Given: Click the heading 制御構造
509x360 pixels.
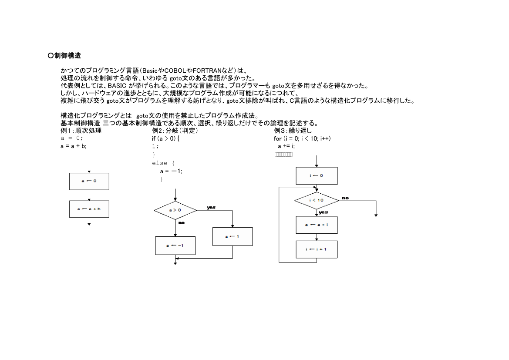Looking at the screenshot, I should tap(67, 56).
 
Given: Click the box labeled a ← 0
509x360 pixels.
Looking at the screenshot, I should tap(89, 181).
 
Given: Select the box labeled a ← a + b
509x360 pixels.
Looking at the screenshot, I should tap(89, 209).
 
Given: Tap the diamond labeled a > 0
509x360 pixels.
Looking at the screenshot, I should tap(175, 210).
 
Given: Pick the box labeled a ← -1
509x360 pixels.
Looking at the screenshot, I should tap(175, 246).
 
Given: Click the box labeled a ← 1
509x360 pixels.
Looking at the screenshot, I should tap(233, 236).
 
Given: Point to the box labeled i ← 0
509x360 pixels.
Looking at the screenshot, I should tap(317, 176).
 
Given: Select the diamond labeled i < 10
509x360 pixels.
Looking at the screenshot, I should tap(317, 201).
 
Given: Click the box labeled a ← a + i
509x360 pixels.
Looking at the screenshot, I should tap(317, 225).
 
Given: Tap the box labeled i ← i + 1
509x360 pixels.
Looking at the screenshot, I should tap(317, 249).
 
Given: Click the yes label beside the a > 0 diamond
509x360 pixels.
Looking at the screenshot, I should tap(211, 207).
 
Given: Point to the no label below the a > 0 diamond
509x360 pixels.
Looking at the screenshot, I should tap(182, 222).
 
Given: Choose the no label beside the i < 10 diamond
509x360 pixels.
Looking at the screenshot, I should tap(345, 198).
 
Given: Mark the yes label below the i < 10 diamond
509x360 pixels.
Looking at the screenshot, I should tap(324, 212).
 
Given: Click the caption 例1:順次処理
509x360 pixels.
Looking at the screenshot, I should tap(81, 131).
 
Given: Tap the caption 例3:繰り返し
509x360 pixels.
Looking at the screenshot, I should tap(293, 131).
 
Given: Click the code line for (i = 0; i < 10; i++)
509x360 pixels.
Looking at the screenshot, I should tap(302, 138).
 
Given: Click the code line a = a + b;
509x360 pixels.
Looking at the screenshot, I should tap(74, 146).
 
